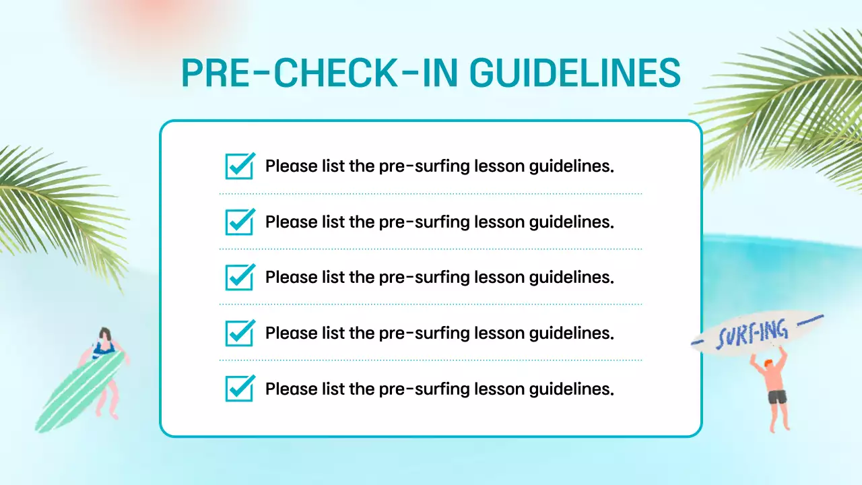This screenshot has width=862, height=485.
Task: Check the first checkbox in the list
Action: click(240, 166)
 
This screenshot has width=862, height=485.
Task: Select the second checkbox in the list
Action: click(240, 222)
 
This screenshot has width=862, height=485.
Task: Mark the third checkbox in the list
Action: click(240, 277)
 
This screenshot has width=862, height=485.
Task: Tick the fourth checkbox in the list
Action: click(240, 333)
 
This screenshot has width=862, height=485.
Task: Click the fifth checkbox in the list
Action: click(240, 389)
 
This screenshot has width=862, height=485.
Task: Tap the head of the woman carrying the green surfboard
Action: click(104, 335)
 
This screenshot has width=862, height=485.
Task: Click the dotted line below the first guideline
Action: click(431, 194)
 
